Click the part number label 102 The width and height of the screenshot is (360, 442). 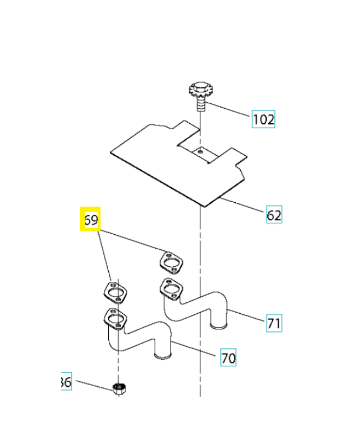click(x=263, y=119)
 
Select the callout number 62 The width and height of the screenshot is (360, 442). click(x=274, y=215)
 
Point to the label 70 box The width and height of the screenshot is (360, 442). click(x=228, y=358)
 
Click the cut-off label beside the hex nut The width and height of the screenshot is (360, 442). click(x=66, y=381)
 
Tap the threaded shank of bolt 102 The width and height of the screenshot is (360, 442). click(x=201, y=104)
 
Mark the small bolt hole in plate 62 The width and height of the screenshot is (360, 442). click(x=202, y=149)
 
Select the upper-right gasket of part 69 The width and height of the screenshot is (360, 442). click(x=171, y=262)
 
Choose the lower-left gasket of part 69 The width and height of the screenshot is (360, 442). click(x=115, y=292)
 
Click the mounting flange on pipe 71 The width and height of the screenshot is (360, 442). click(x=171, y=289)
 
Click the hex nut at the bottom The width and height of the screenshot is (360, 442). click(x=118, y=388)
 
